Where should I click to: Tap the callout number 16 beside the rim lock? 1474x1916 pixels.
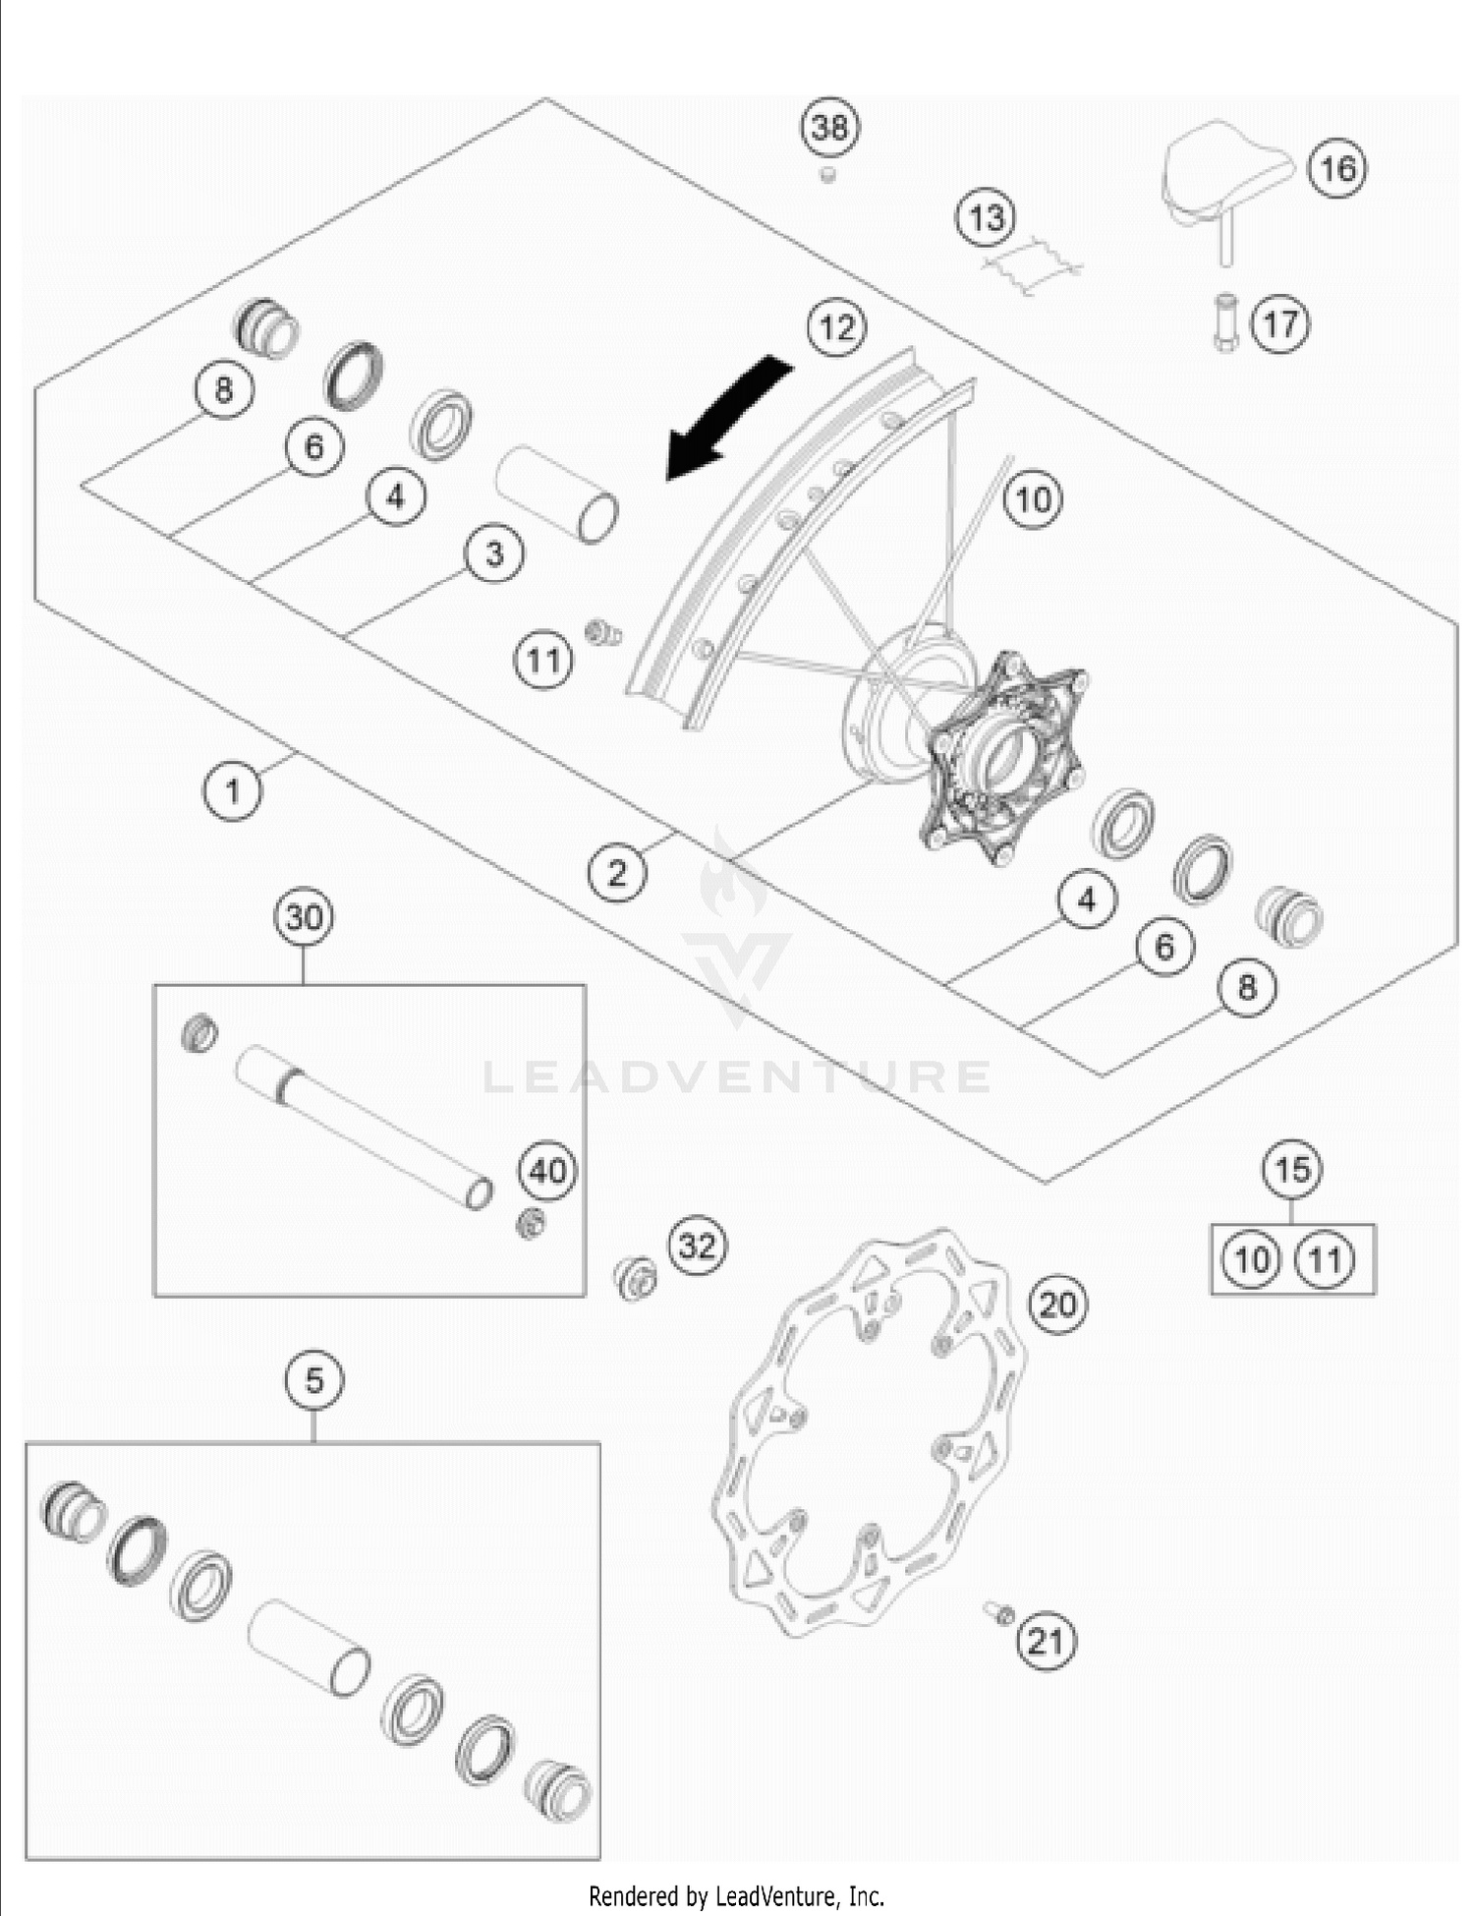coord(1336,168)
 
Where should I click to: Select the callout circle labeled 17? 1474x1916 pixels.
coord(1280,323)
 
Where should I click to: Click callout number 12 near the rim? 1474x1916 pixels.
coord(836,326)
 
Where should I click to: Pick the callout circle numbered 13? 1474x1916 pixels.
coord(987,217)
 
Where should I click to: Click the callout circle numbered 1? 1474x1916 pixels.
coord(233,789)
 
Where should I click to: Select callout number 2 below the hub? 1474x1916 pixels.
coord(617,871)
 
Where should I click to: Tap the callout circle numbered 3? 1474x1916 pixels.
coord(494,553)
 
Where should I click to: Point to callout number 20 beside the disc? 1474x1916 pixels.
coord(1057,1305)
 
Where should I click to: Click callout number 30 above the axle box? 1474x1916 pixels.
coord(304,917)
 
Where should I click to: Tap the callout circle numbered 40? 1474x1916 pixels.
coord(548,1171)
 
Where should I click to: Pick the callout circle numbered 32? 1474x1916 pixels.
coord(698,1246)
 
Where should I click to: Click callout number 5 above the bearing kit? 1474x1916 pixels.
coord(314,1380)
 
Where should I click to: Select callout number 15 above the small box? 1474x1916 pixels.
coord(1292,1170)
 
